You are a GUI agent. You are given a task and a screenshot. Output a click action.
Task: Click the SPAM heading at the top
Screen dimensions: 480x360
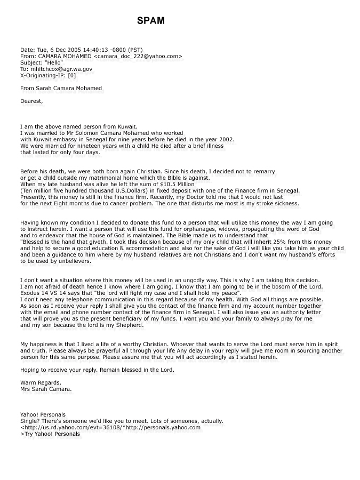click(x=151, y=21)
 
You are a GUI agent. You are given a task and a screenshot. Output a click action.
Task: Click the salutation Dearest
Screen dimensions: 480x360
click(x=31, y=101)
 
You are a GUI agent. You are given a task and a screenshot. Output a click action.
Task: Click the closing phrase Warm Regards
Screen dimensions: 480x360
click(x=41, y=383)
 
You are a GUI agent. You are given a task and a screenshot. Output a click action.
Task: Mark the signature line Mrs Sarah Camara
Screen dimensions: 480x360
click(x=46, y=389)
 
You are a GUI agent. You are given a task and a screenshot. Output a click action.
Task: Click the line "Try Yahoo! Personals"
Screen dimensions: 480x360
click(x=52, y=434)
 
